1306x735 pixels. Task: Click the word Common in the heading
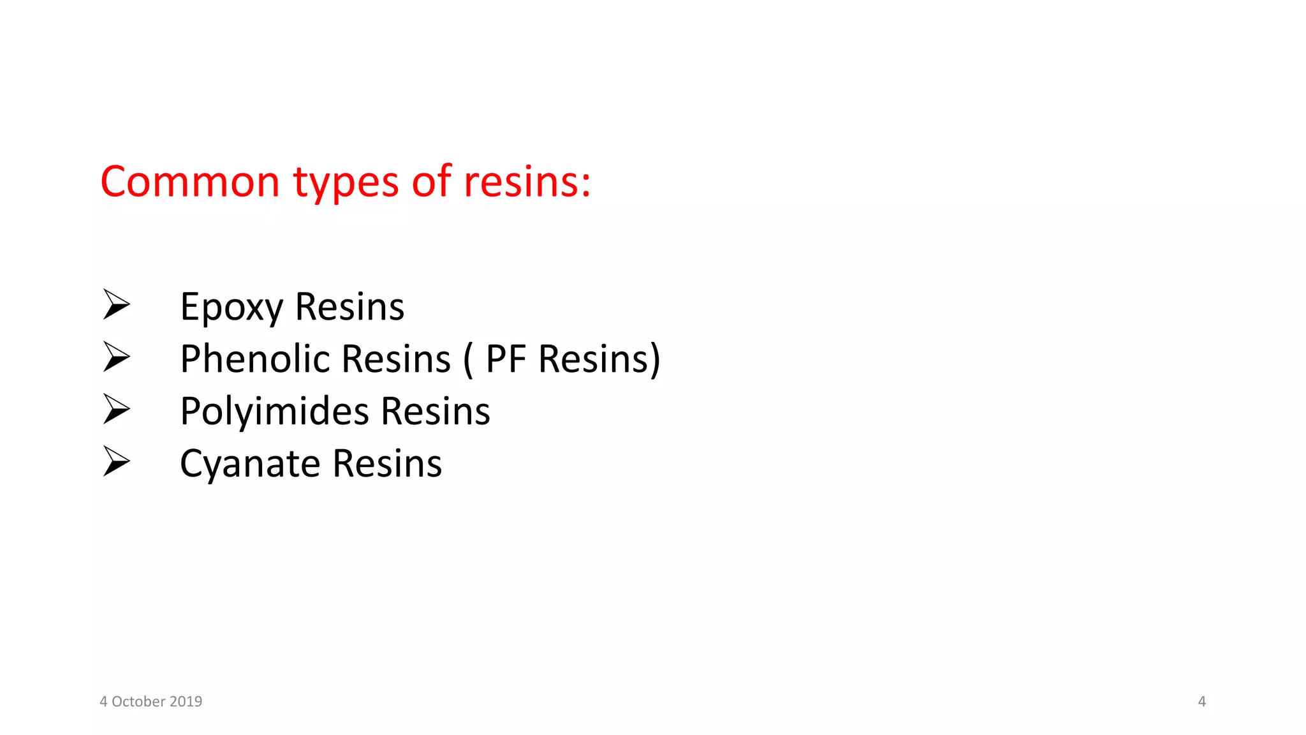click(x=190, y=182)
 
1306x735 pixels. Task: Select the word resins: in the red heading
click(x=527, y=182)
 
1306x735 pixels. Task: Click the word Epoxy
click(x=231, y=308)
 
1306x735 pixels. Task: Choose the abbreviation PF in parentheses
click(x=506, y=359)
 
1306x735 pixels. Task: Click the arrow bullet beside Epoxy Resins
click(x=117, y=304)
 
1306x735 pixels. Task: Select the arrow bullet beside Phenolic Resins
click(x=117, y=357)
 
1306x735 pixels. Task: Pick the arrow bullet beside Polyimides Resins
click(x=117, y=409)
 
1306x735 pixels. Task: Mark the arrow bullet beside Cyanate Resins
click(x=117, y=461)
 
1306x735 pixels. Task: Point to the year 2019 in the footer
click(x=186, y=702)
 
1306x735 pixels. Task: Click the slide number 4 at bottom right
click(x=1202, y=702)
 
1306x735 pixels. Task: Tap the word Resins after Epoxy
click(x=349, y=307)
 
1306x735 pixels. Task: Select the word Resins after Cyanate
click(x=387, y=463)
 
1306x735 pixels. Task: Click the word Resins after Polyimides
click(x=436, y=411)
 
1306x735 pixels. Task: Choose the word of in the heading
click(x=432, y=182)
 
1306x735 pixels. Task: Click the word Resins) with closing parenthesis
click(x=599, y=359)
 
